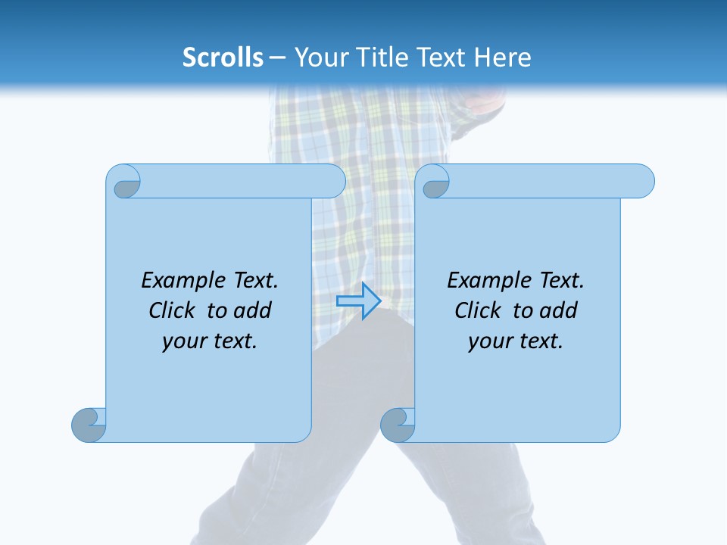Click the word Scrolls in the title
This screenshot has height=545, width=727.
click(223, 58)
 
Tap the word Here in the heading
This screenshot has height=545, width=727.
click(502, 58)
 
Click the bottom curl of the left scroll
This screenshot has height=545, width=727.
click(89, 425)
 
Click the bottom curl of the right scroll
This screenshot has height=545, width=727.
click(397, 425)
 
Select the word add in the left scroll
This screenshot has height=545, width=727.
click(252, 310)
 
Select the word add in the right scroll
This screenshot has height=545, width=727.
click(558, 310)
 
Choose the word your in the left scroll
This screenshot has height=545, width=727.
click(183, 341)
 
